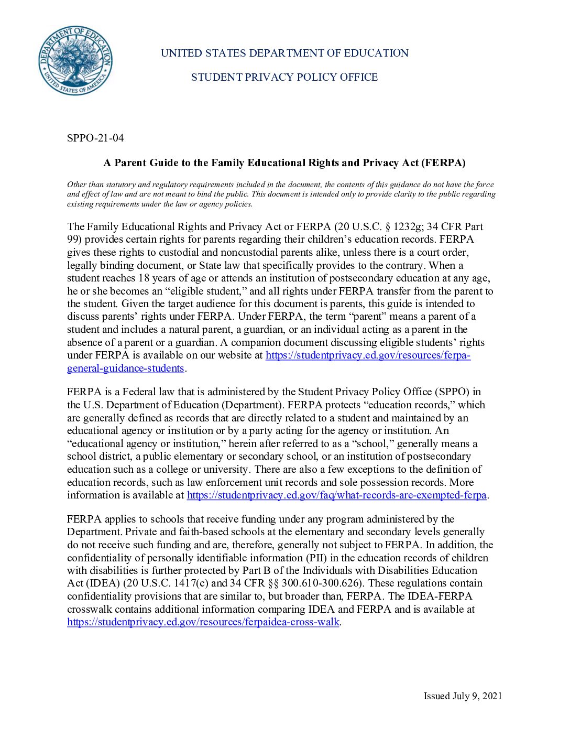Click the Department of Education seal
pos(75,60)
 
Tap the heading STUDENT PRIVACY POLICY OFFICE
pos(284,78)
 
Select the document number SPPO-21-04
pos(95,138)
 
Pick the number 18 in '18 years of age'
pos(144,278)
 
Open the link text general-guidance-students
pos(126,368)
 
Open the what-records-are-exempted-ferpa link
pos(337,495)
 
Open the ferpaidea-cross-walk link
pos(203,622)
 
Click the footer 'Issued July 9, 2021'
pos(463,696)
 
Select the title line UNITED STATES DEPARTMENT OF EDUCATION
pos(284,53)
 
